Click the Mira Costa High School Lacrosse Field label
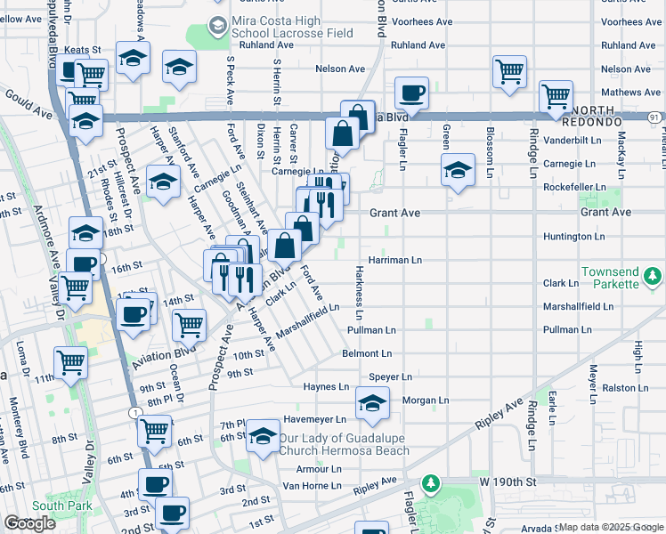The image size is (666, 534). pyautogui.click(x=291, y=27)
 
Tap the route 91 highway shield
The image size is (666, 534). pyautogui.click(x=655, y=116)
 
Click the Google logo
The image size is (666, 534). pyautogui.click(x=30, y=523)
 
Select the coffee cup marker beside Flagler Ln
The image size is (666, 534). pyautogui.click(x=412, y=93)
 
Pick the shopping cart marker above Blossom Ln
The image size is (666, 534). pyautogui.click(x=509, y=70)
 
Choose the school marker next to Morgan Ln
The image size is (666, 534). pyautogui.click(x=372, y=404)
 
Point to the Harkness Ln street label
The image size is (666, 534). pyautogui.click(x=360, y=293)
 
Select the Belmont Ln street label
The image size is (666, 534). pyautogui.click(x=367, y=353)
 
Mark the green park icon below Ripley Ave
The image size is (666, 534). pyautogui.click(x=431, y=483)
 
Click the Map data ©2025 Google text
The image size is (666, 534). pyautogui.click(x=610, y=527)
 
